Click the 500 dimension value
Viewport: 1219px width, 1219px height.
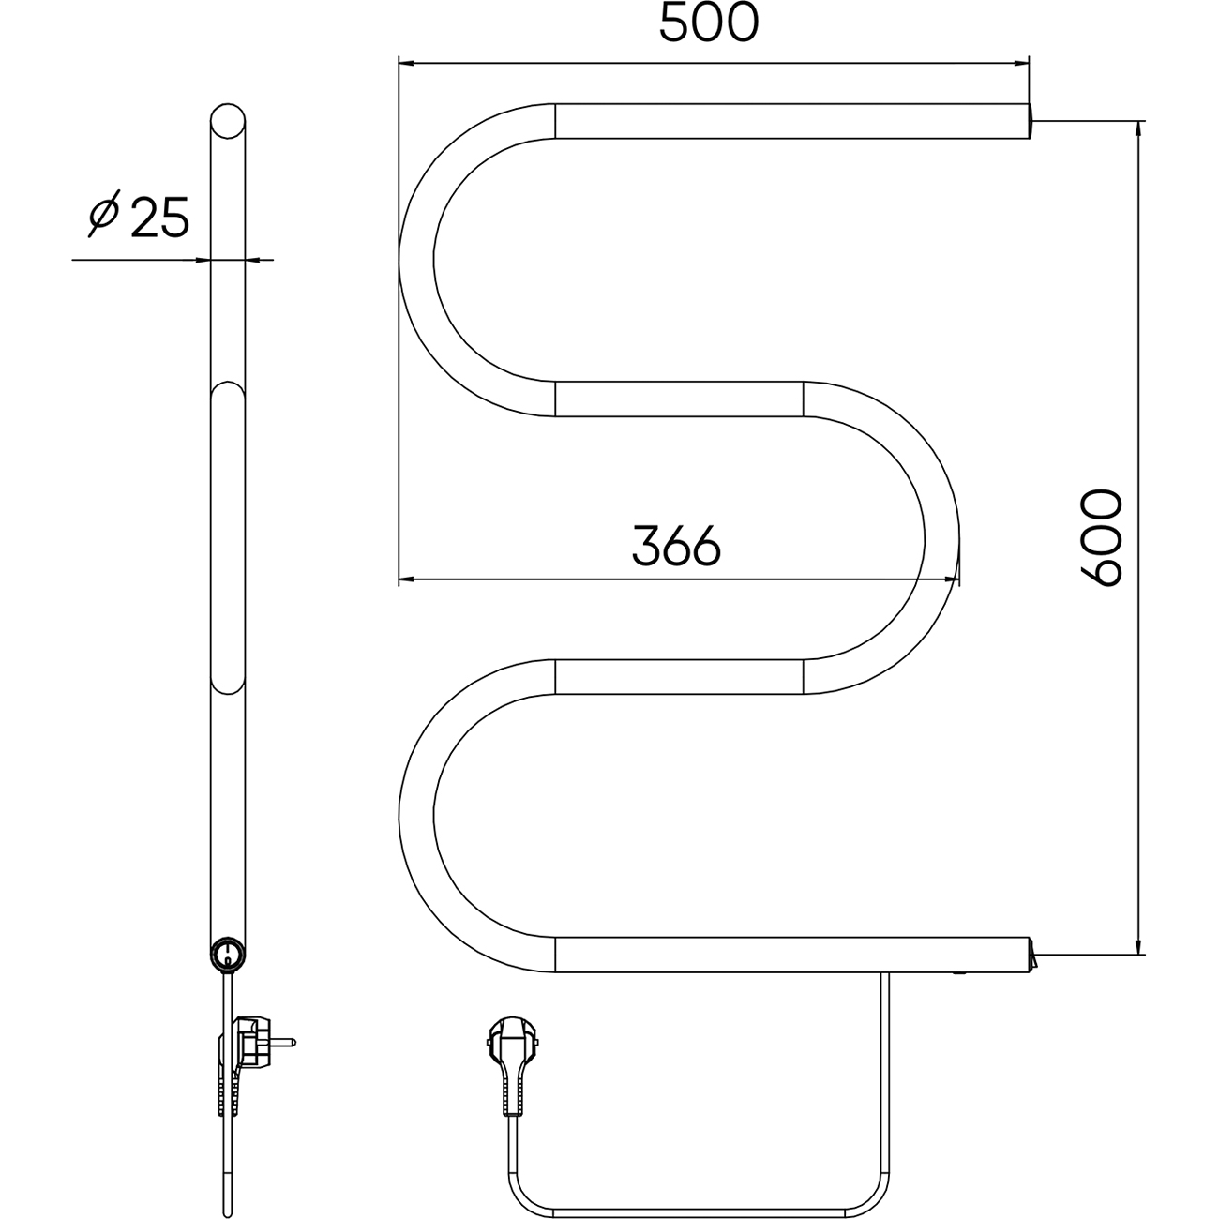[x=709, y=23]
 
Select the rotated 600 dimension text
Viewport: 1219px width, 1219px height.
[x=1101, y=537]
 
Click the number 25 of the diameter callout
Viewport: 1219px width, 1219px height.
[x=159, y=217]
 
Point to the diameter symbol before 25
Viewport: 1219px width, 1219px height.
[x=104, y=213]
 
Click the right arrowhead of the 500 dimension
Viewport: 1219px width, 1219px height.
[x=1020, y=63]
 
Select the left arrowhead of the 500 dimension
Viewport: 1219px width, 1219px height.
[x=407, y=63]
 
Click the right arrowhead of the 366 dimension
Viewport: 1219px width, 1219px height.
[x=951, y=579]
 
